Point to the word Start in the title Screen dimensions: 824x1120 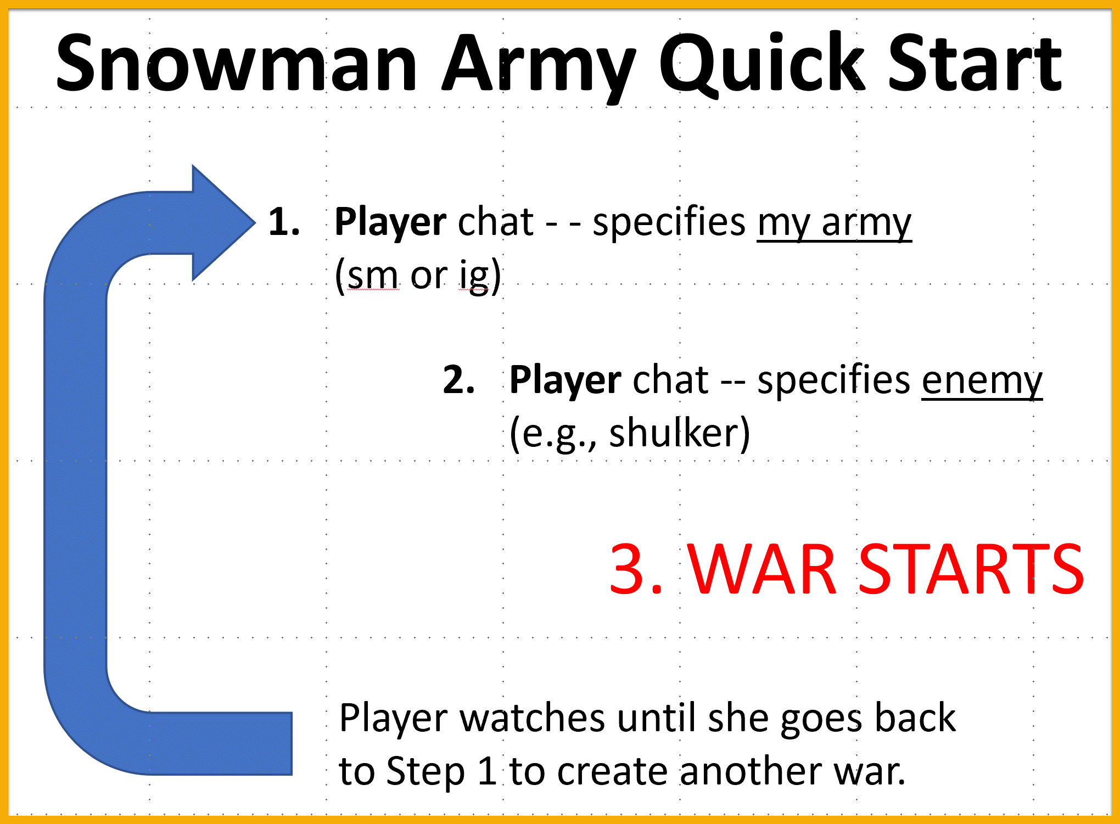[x=975, y=63]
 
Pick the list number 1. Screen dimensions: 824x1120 [x=283, y=222]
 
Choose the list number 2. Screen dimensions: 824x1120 [x=458, y=380]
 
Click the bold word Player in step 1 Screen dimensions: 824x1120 [x=390, y=222]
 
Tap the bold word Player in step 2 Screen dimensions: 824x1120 [x=565, y=380]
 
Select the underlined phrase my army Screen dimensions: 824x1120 [x=834, y=222]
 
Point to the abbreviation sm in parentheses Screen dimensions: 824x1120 [x=372, y=276]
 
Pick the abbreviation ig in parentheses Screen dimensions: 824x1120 [x=474, y=276]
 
